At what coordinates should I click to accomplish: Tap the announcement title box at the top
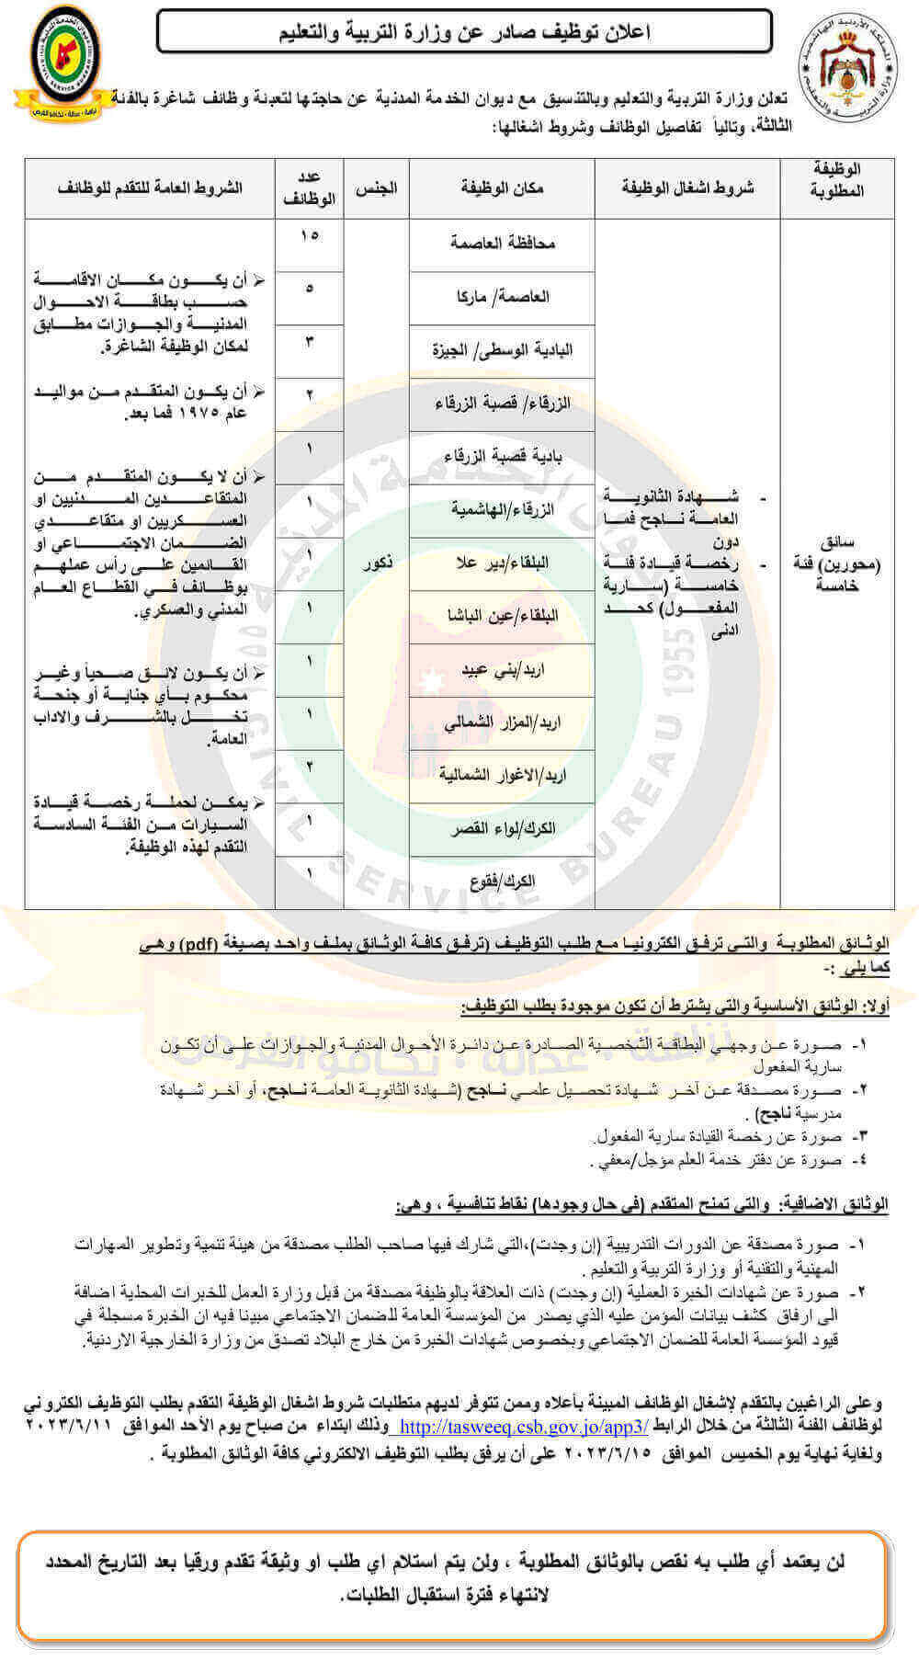tap(464, 32)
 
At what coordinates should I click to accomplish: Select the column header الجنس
tap(376, 188)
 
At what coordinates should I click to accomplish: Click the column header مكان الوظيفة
tap(502, 188)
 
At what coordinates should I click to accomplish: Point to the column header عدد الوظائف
tap(309, 188)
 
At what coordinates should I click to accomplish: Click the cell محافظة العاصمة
tap(502, 243)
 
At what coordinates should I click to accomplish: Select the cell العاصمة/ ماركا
tap(502, 296)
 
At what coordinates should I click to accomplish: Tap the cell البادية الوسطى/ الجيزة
tap(502, 349)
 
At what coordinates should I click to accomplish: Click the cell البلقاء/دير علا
tap(502, 563)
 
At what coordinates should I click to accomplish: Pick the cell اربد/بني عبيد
tap(502, 669)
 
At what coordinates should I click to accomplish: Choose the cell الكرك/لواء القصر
tap(502, 829)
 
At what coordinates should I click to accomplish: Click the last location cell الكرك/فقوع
tap(502, 882)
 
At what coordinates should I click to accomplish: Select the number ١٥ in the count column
tap(309, 235)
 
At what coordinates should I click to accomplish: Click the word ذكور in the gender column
tap(377, 562)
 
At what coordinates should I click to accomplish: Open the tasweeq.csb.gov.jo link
tap(525, 1427)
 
